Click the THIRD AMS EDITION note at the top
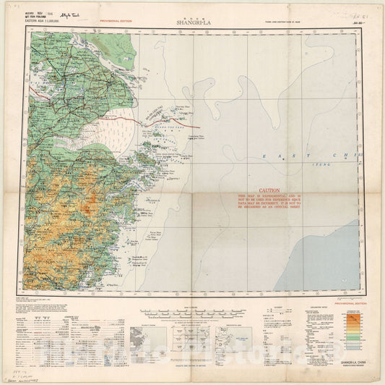(x=278, y=24)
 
